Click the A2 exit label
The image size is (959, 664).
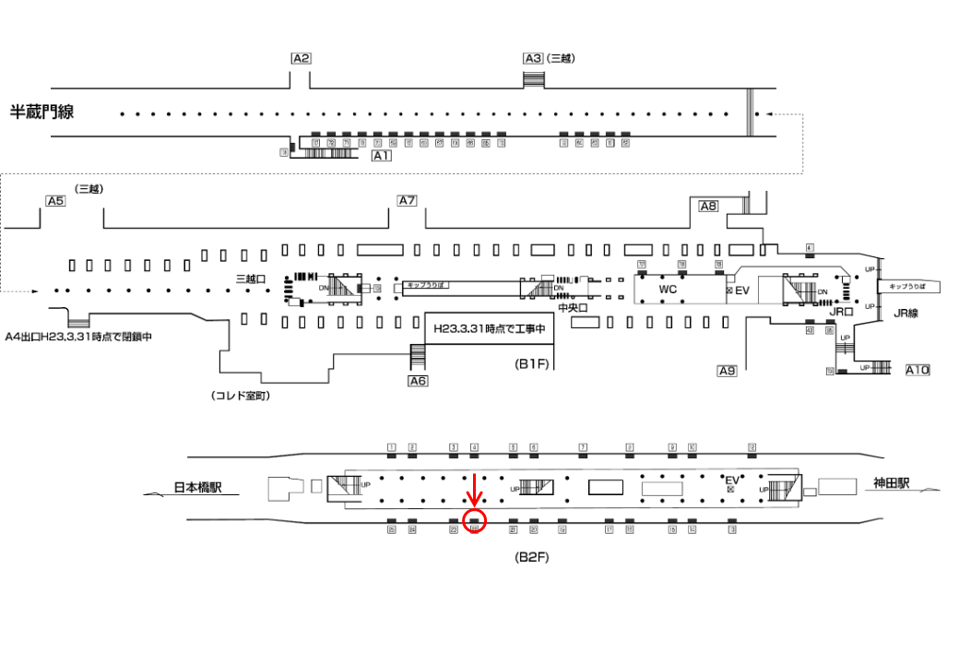301,58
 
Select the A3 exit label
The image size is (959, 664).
533,58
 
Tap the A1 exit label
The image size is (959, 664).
382,157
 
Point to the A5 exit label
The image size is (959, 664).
55,201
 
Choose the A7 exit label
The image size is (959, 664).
408,201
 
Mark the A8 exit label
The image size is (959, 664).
708,207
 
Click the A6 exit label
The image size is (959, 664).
418,380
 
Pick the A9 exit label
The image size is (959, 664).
728,371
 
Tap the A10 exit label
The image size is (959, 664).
918,370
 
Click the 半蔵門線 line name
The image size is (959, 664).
41,113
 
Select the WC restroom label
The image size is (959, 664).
668,290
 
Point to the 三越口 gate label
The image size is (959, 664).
251,279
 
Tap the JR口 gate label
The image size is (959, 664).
839,313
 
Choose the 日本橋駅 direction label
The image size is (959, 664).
205,488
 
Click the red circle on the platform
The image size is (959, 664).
475,521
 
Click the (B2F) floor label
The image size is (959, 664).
532,558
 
